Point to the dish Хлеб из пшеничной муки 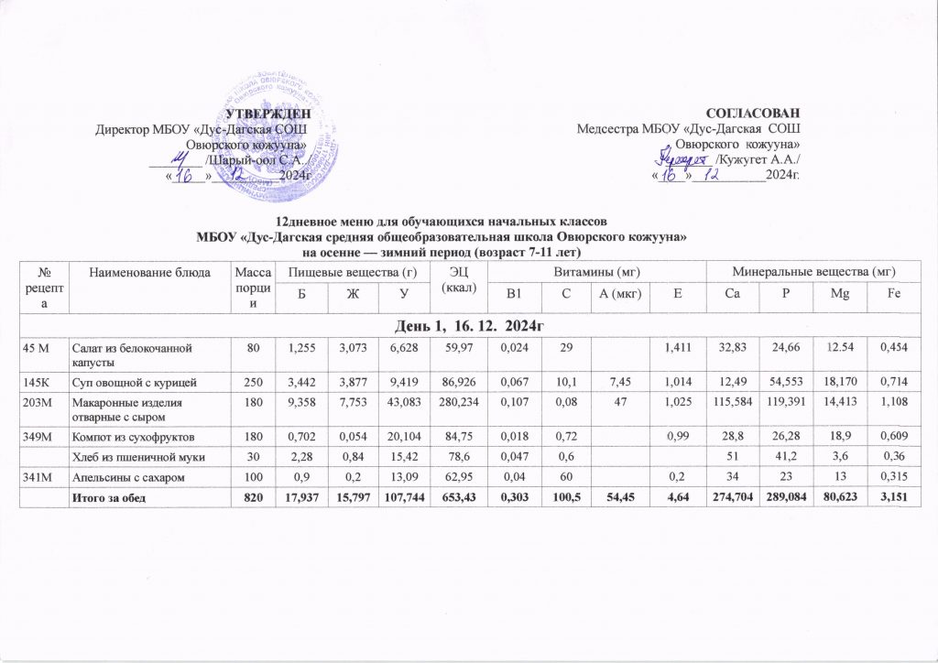pos(136,464)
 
